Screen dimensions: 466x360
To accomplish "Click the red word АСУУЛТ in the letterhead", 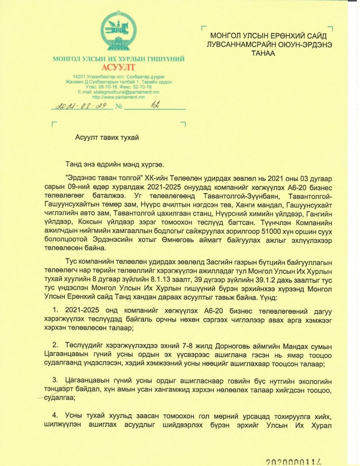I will (118, 67).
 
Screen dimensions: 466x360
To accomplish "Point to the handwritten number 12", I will (156, 105).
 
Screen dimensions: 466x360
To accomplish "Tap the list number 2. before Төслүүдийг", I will (55, 346).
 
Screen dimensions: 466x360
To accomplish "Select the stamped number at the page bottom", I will (294, 461).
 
